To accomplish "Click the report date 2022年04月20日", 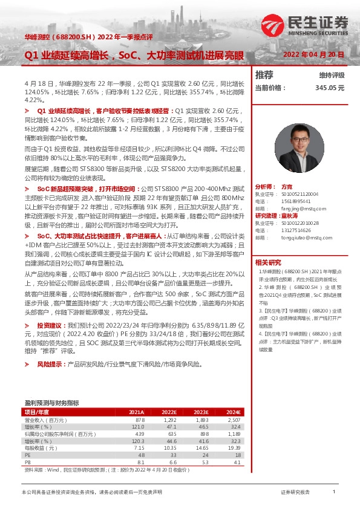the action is (315, 54).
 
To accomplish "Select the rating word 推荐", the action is (264, 75).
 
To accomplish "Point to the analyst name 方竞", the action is (287, 187).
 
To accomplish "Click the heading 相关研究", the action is (268, 262).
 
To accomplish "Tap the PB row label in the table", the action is (27, 462).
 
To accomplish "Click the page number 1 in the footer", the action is (334, 493).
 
